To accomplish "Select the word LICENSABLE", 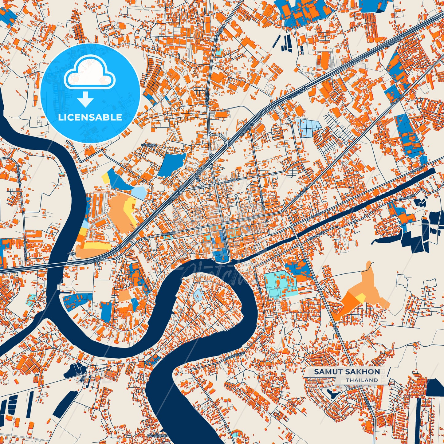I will (x=90, y=117).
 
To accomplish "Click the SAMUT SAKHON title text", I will (x=347, y=372).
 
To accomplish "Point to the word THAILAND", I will (x=362, y=380).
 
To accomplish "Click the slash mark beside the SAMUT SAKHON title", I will (x=389, y=372).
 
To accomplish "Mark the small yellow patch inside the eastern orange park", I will (x=360, y=297).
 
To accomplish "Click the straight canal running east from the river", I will (x=338, y=212).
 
